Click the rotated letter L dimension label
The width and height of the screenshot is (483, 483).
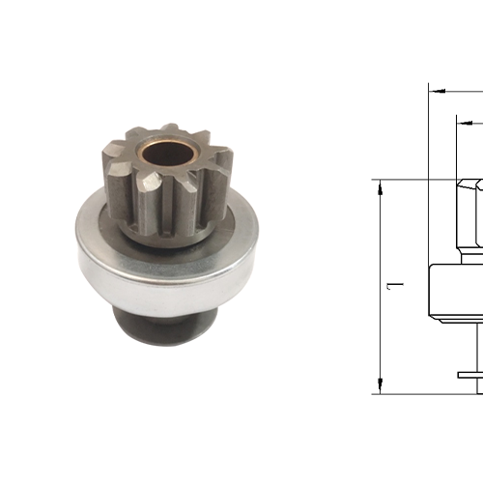(394, 286)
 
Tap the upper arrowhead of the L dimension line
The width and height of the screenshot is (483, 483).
(381, 185)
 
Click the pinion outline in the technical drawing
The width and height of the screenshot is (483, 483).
(469, 213)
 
